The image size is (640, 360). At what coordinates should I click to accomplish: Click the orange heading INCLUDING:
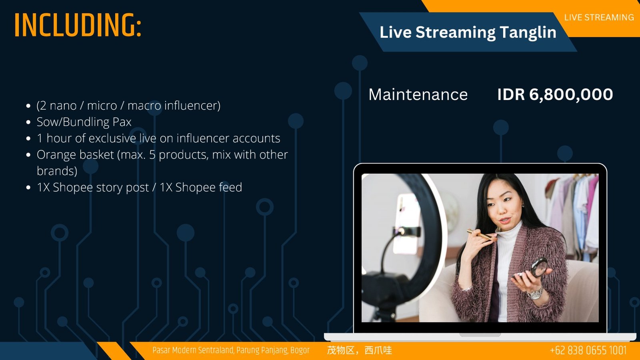pos(78,25)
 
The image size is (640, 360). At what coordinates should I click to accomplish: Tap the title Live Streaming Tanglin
pos(468,32)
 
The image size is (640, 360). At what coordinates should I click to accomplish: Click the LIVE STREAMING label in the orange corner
pos(599,18)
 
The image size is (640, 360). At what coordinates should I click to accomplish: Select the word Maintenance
pos(418,94)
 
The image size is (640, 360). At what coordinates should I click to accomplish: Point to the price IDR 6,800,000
pos(555,94)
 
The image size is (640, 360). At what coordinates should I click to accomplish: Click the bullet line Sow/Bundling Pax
pos(84,122)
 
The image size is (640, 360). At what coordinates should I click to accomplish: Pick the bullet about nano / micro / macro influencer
pos(128,106)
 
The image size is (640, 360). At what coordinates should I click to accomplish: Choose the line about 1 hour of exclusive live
pos(158,138)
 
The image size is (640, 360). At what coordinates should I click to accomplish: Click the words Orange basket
pos(76,154)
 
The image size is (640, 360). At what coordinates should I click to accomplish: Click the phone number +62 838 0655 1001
pos(588,350)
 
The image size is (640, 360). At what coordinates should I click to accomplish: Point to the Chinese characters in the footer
pos(360,350)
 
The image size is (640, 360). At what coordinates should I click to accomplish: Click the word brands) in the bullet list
pos(57,171)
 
